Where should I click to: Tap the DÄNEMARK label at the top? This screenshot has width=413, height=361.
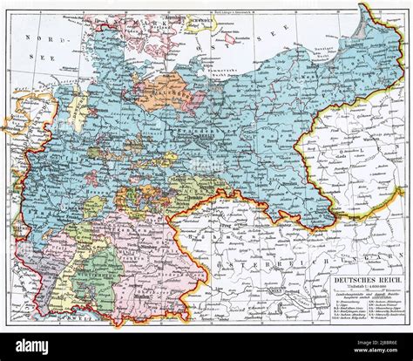point(131,10)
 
